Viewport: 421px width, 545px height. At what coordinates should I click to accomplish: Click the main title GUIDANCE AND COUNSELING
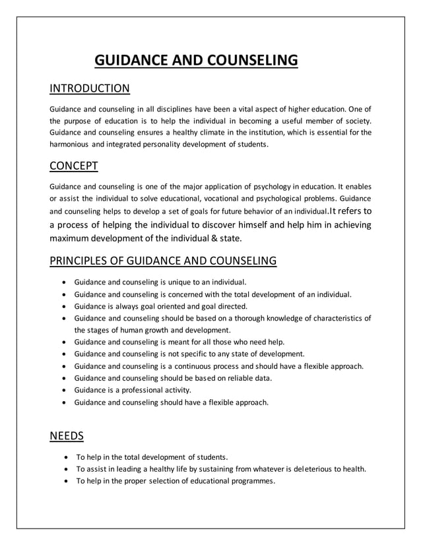[x=197, y=61]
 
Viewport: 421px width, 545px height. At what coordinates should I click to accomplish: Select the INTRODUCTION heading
[x=90, y=88]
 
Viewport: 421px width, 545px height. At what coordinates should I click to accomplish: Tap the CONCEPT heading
[x=74, y=164]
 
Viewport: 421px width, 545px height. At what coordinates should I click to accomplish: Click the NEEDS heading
[x=65, y=436]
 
